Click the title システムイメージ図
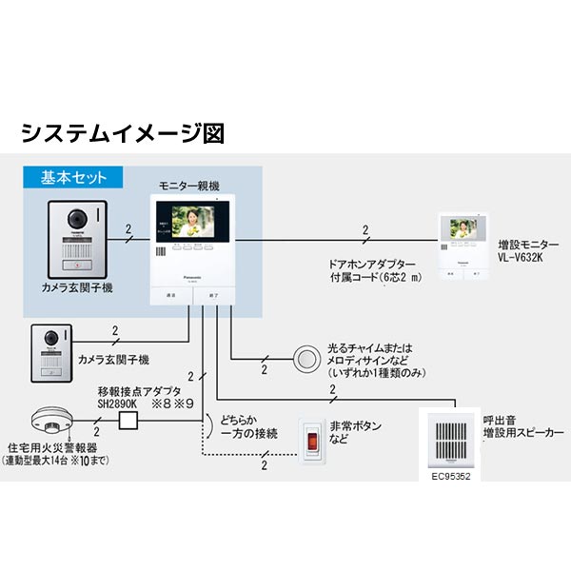(122, 131)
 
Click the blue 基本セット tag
(74, 177)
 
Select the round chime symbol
(306, 357)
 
